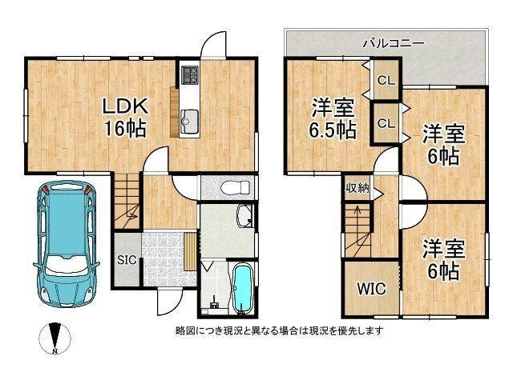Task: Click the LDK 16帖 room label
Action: click(125, 118)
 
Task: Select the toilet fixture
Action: click(235, 188)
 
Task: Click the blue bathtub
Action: click(242, 289)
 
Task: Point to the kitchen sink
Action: click(189, 122)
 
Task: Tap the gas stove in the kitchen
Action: click(190, 74)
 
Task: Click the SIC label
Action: click(127, 260)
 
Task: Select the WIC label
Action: click(371, 289)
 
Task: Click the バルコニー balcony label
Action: click(394, 42)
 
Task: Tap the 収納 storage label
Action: click(357, 188)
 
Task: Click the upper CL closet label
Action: click(386, 80)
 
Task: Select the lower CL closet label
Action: click(386, 123)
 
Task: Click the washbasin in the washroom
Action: click(244, 215)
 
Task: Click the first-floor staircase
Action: click(127, 201)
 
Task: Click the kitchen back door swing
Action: click(213, 45)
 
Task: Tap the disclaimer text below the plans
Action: click(279, 330)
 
